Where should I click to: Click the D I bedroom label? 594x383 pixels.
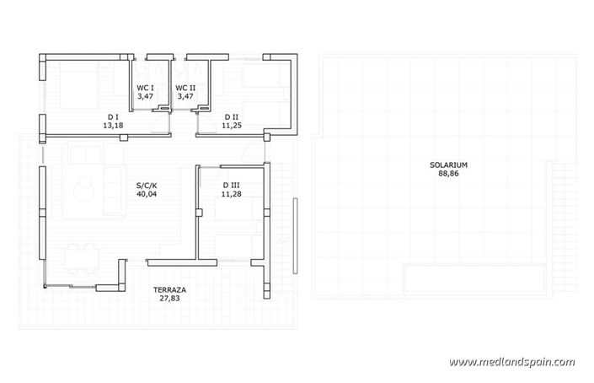112,117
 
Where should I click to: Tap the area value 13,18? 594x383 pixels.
112,127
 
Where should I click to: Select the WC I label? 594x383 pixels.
146,88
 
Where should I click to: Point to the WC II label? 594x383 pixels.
185,88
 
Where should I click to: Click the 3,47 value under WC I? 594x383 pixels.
146,97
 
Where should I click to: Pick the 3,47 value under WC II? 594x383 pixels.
185,97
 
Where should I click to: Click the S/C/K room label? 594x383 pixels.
147,185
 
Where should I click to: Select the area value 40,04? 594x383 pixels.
147,194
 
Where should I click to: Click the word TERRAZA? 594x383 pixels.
169,289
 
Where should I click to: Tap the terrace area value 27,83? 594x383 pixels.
169,299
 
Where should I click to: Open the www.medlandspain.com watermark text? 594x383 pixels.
511,362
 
